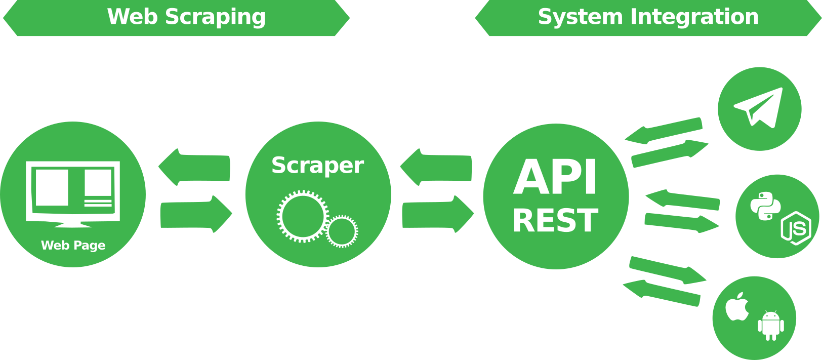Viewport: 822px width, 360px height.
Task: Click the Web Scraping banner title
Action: point(186,17)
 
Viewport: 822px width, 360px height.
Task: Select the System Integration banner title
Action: point(648,17)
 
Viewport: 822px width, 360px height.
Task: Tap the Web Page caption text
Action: point(73,245)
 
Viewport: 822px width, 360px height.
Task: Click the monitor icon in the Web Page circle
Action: point(73,193)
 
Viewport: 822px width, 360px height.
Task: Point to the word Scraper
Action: point(317,165)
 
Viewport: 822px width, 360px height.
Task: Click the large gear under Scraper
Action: point(302,216)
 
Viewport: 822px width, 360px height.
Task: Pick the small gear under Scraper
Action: point(342,231)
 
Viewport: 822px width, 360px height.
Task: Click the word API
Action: point(555,177)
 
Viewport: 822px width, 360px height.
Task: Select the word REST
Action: point(555,221)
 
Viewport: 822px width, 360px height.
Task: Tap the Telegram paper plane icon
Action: point(760,107)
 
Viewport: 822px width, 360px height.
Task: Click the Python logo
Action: point(765,206)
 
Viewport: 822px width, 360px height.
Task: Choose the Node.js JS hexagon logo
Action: point(796,228)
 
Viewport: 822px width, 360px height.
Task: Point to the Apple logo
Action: point(737,306)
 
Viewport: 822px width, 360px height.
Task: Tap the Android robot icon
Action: point(770,325)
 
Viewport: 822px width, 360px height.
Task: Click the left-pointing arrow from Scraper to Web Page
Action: point(194,167)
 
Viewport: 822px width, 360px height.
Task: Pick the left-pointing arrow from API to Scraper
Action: point(436,167)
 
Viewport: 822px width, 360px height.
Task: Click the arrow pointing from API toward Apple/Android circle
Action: point(667,270)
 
